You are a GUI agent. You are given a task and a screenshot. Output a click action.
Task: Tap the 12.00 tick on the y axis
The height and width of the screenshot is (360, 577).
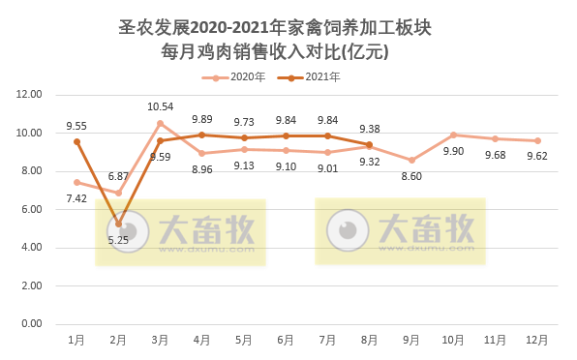click(30, 95)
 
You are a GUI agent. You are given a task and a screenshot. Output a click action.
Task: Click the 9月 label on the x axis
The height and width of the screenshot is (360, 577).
click(411, 341)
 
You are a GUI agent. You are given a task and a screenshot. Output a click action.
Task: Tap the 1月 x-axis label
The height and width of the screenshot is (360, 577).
click(76, 341)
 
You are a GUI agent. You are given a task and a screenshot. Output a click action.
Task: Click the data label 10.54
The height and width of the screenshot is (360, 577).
click(161, 106)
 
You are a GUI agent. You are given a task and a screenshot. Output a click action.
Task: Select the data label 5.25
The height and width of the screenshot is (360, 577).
click(118, 240)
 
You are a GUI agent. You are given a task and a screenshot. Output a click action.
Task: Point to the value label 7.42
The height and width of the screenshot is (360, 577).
click(77, 198)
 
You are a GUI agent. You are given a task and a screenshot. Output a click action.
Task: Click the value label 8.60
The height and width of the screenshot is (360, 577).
click(411, 176)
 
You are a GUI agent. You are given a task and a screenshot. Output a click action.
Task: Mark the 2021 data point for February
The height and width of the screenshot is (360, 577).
click(118, 224)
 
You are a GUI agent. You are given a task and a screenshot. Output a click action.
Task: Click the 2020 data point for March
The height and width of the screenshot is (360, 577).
click(161, 123)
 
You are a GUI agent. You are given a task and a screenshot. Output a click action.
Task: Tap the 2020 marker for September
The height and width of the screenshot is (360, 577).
click(411, 160)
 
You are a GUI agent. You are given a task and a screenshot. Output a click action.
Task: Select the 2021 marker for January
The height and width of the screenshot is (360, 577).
click(76, 141)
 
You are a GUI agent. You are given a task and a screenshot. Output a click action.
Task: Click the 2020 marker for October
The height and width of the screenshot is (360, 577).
click(453, 135)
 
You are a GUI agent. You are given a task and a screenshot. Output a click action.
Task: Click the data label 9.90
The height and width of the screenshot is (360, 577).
click(453, 151)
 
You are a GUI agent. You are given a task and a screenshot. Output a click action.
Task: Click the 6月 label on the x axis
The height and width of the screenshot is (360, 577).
click(286, 341)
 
